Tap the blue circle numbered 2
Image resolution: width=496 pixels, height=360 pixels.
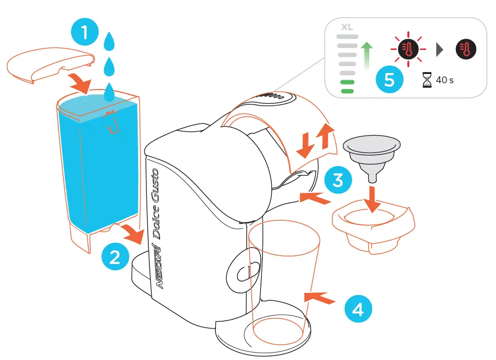point(115,256)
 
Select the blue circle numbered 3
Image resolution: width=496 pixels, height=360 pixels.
point(338,180)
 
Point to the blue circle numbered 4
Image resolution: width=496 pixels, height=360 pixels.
point(358,309)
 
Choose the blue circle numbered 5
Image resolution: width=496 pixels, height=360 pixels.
point(389,79)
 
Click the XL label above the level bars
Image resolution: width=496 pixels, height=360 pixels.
point(347,27)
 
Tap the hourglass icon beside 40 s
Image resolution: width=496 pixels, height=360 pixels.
point(427,79)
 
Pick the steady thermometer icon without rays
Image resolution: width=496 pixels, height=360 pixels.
point(466,49)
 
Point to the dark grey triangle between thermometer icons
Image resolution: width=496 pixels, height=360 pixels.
point(439,49)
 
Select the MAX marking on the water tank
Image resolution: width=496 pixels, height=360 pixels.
point(111,113)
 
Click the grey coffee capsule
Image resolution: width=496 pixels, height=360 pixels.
point(372,152)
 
